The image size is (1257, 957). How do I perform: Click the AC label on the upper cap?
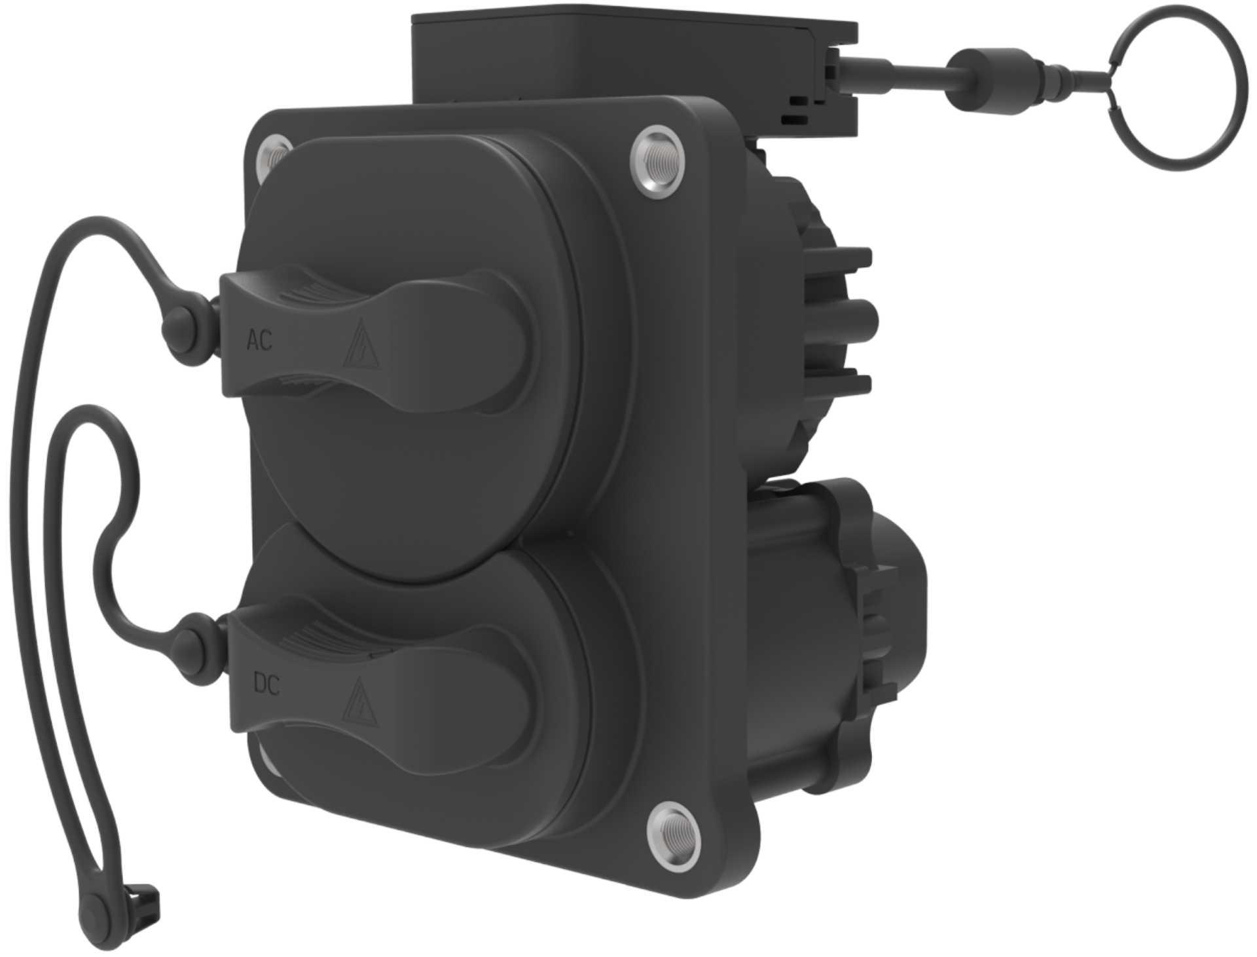click(258, 341)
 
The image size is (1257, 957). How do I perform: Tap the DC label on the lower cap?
click(266, 686)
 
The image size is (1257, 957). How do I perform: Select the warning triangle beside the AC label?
click(357, 345)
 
